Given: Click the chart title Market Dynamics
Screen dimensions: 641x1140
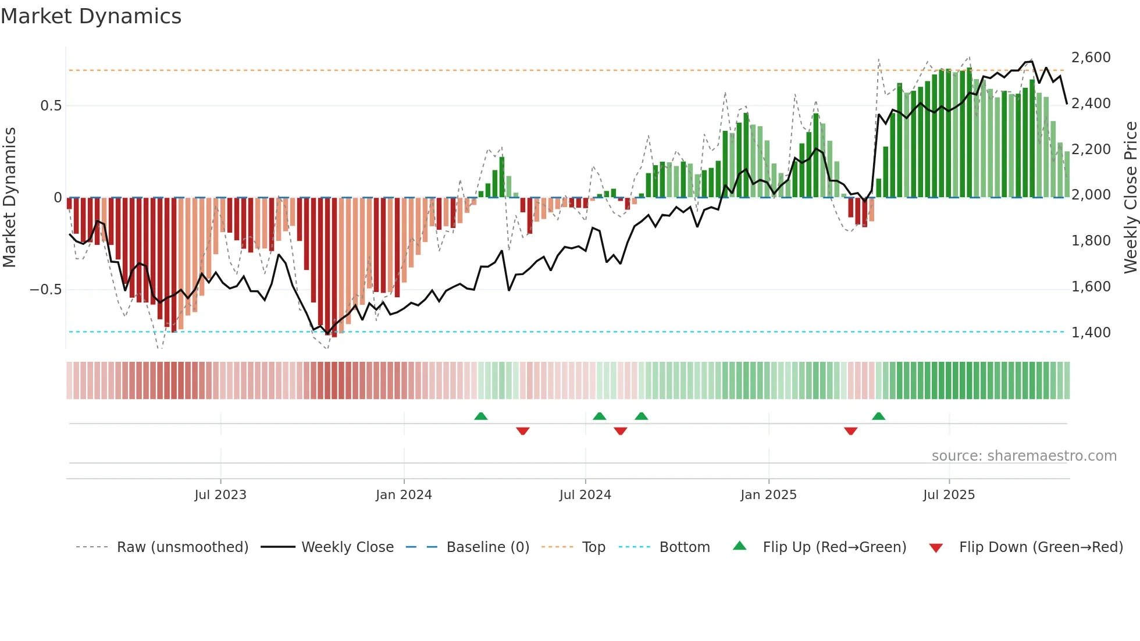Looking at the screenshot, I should pos(91,16).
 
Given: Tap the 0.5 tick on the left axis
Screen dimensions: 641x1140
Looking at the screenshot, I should pos(51,106).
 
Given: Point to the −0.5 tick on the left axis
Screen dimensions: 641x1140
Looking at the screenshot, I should pos(46,290).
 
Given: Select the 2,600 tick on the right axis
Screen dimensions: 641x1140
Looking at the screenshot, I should pos(1091,58).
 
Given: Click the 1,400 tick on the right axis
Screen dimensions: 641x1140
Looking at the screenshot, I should pos(1091,333).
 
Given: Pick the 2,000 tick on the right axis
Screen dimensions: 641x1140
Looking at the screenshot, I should pos(1091,195).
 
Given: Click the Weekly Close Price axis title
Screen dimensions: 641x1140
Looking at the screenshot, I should pos(1130,197).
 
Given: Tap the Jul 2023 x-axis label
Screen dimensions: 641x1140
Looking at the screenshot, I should pos(220,495).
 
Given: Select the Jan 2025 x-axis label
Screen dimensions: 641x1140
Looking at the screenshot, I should pos(768,495).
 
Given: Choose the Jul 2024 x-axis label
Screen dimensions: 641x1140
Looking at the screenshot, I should pos(585,495).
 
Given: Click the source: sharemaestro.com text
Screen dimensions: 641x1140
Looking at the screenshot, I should pos(1024,456).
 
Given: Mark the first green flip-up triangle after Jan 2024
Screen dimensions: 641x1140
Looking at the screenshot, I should pos(481,416).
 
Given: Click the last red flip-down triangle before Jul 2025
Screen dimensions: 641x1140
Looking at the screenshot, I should pos(850,431).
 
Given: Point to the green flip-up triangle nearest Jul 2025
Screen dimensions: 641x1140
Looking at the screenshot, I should pos(878,416).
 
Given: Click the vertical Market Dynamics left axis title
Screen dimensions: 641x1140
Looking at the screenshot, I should pos(10,197).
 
